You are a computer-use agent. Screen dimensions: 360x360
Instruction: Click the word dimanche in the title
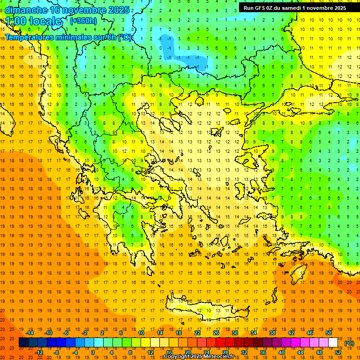tap(25, 10)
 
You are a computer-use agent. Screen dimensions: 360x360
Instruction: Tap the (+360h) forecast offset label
tap(83, 21)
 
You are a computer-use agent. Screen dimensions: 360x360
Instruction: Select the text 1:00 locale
tap(33, 21)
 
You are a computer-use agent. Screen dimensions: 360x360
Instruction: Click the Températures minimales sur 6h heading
tap(68, 37)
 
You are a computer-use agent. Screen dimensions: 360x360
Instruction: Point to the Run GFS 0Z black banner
tap(295, 7)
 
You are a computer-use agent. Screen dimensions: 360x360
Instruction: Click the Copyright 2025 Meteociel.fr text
tap(199, 357)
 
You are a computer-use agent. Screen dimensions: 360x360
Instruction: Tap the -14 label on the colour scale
tap(30, 332)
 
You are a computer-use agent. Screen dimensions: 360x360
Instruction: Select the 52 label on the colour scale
tap(337, 352)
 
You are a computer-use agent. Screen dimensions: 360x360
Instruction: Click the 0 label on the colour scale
tap(93, 352)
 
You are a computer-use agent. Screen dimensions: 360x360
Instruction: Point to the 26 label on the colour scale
tap(216, 332)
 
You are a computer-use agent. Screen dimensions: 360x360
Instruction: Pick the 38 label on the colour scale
tap(272, 332)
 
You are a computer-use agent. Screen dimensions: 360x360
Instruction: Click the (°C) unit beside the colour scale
tap(349, 343)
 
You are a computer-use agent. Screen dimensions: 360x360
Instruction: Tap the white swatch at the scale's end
tap(333, 343)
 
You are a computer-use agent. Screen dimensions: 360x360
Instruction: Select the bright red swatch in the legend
tap(220, 343)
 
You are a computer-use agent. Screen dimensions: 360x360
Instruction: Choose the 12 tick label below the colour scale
tap(151, 352)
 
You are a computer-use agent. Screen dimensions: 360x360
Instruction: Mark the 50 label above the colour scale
tap(328, 332)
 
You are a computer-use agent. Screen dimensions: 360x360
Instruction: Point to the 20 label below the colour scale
tap(188, 352)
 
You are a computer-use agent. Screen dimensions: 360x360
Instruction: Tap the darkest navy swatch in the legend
tap(23, 343)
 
